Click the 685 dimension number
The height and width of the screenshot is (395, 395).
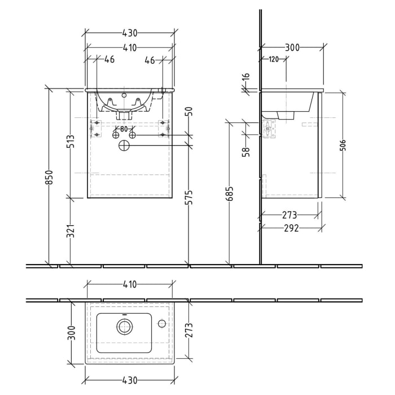coord(231,199)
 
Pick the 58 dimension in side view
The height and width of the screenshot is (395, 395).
coord(246,151)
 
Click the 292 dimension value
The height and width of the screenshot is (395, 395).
coord(290,229)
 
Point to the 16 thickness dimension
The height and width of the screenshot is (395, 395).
coord(246,77)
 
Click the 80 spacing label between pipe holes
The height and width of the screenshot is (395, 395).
coord(124,128)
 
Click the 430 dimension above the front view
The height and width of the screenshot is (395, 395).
coord(129,34)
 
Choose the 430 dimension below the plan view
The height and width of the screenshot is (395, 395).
coord(129,379)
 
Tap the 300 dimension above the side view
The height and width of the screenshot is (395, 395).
coord(292,48)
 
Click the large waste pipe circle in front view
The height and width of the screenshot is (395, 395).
coord(124,146)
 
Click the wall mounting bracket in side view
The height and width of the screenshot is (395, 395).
coord(267,129)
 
